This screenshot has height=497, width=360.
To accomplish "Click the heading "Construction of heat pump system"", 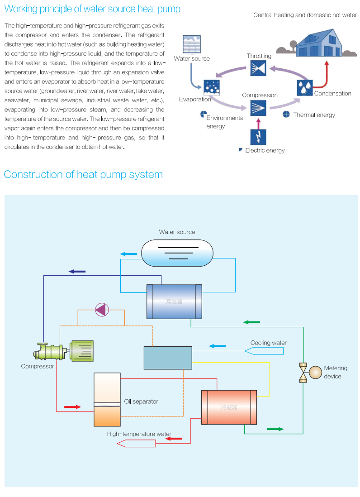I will click(83, 175).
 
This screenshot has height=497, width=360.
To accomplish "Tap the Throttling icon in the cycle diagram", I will click(258, 68).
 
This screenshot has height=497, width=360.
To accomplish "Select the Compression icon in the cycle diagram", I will click(258, 107).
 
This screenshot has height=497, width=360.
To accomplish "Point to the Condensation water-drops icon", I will click(304, 87).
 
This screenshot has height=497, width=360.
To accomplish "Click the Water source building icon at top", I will click(191, 44).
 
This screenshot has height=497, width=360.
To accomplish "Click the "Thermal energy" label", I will click(314, 115).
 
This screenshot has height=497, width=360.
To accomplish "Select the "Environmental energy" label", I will click(225, 122).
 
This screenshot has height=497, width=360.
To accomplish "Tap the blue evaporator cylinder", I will click(174, 301).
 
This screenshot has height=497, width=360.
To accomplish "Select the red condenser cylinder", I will click(229, 407).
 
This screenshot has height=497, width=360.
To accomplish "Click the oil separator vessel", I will click(107, 400).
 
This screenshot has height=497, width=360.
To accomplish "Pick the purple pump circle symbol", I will click(102, 310).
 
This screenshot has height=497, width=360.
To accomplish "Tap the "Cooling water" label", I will click(268, 343).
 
